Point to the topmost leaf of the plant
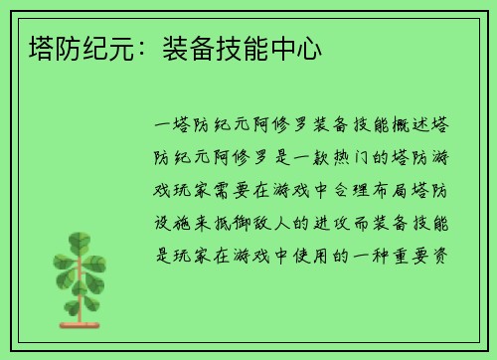click(x=80, y=240)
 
